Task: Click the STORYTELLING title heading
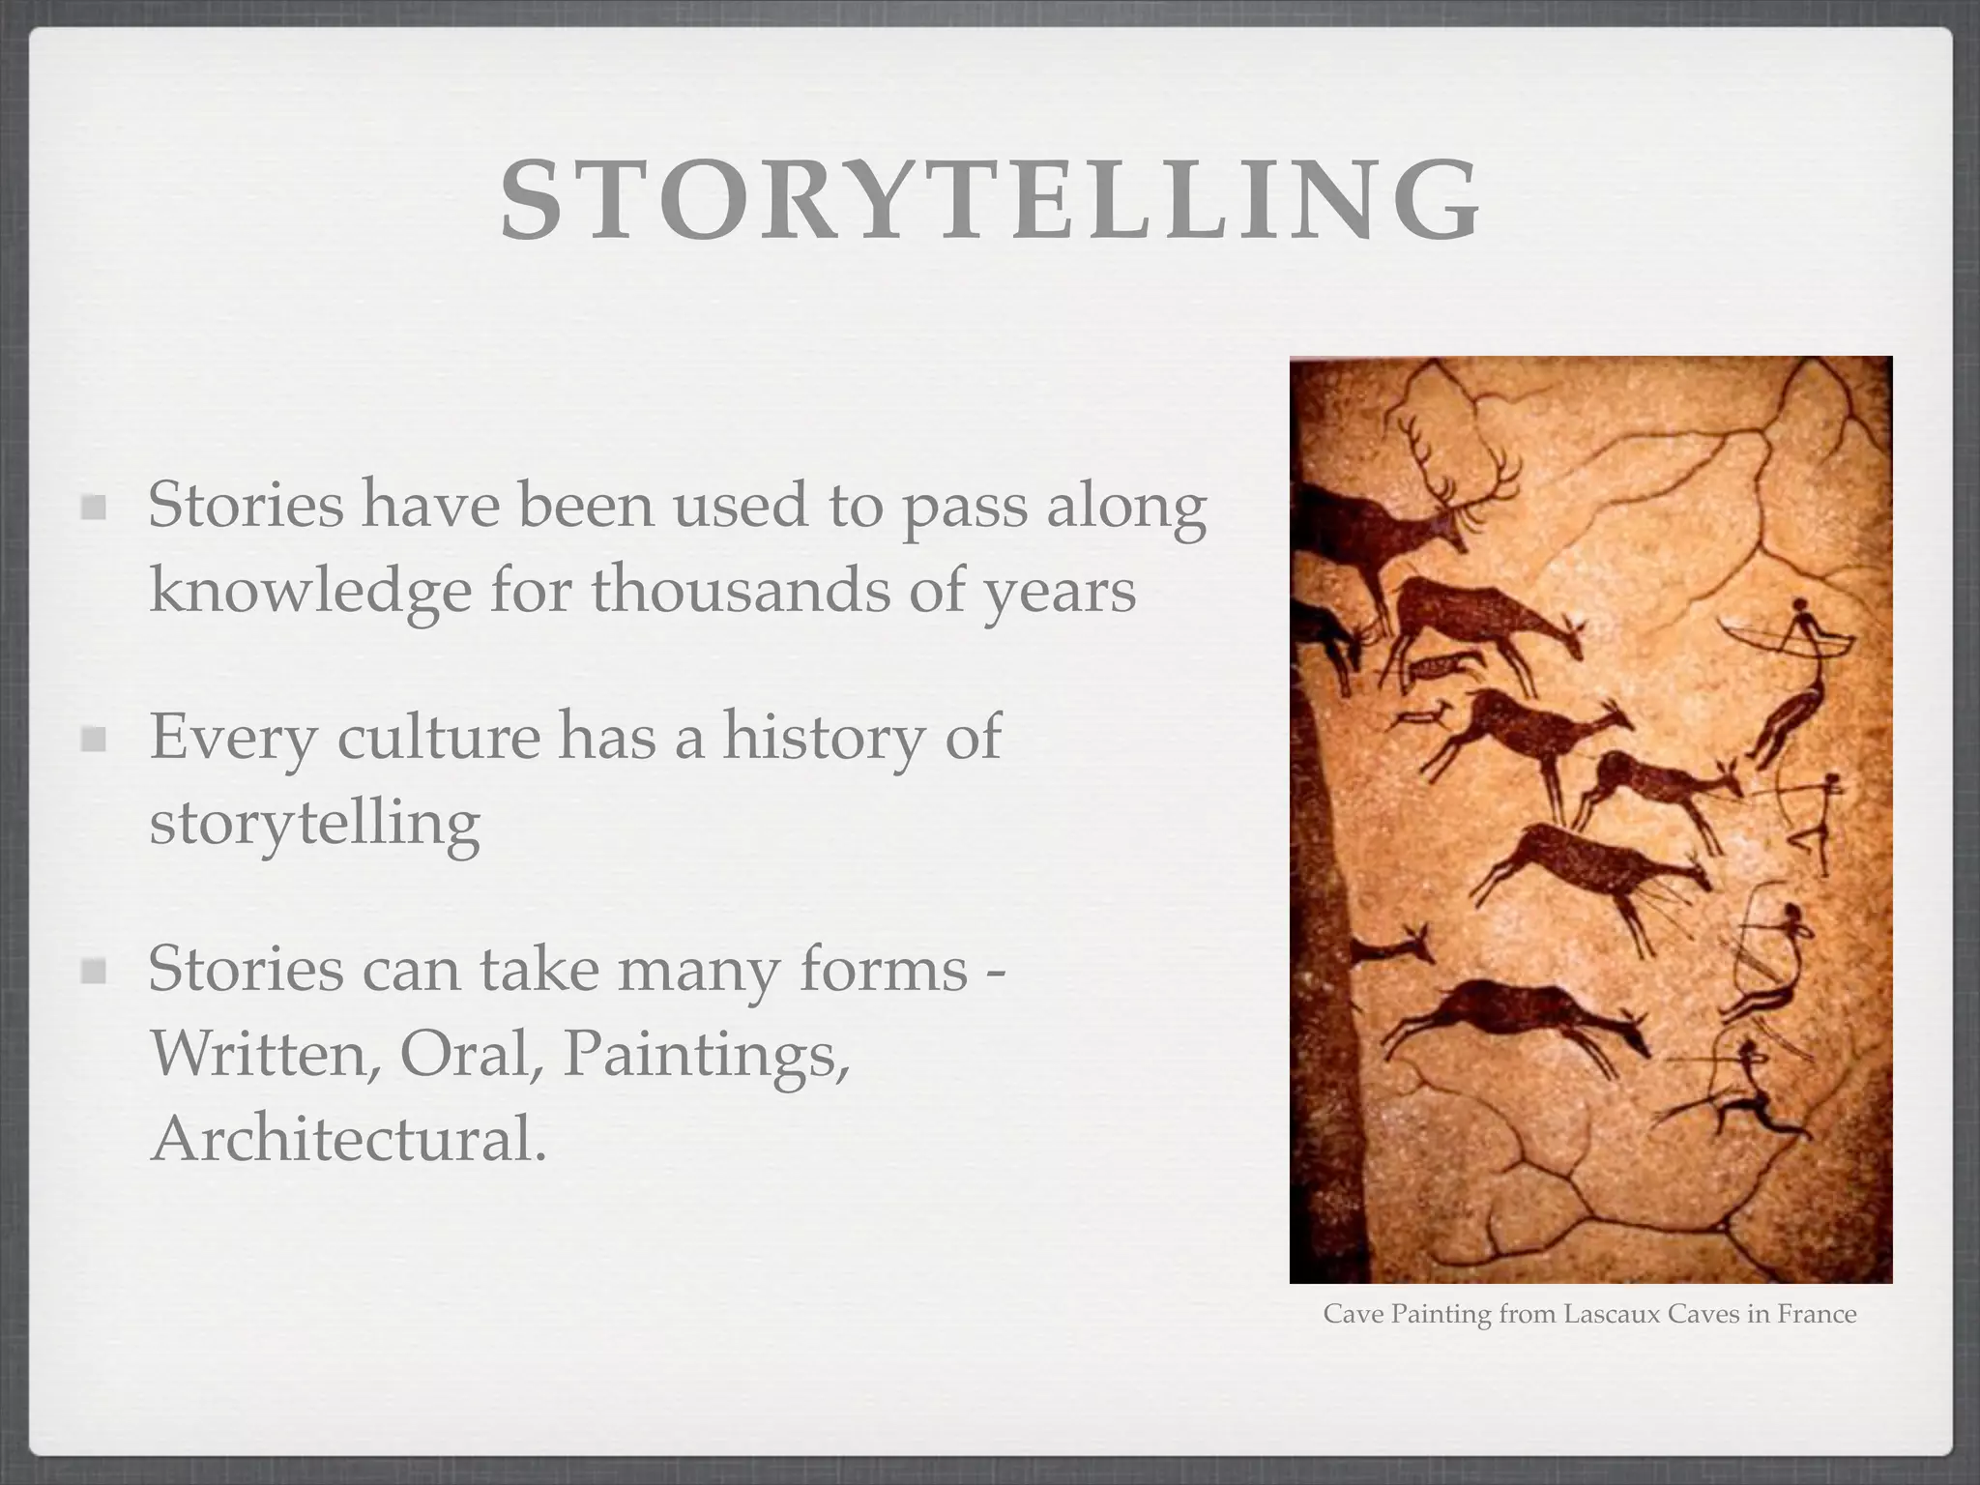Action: coord(990,200)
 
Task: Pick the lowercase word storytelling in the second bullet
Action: coord(314,823)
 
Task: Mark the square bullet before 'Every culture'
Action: coord(94,740)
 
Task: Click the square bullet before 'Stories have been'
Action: coord(94,508)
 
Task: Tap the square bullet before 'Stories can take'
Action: coord(94,971)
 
